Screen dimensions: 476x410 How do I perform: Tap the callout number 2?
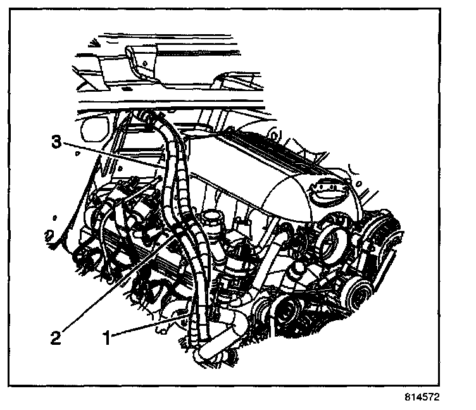56,337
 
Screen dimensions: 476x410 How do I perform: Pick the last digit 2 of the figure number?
435,399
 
